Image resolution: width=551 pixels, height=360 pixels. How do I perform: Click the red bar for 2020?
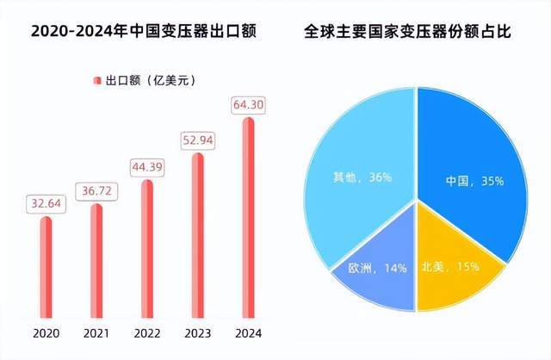(46, 266)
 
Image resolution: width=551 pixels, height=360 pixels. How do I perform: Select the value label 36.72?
(96, 191)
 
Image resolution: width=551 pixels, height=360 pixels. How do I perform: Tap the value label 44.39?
(146, 166)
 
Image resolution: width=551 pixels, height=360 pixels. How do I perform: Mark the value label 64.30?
(248, 105)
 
